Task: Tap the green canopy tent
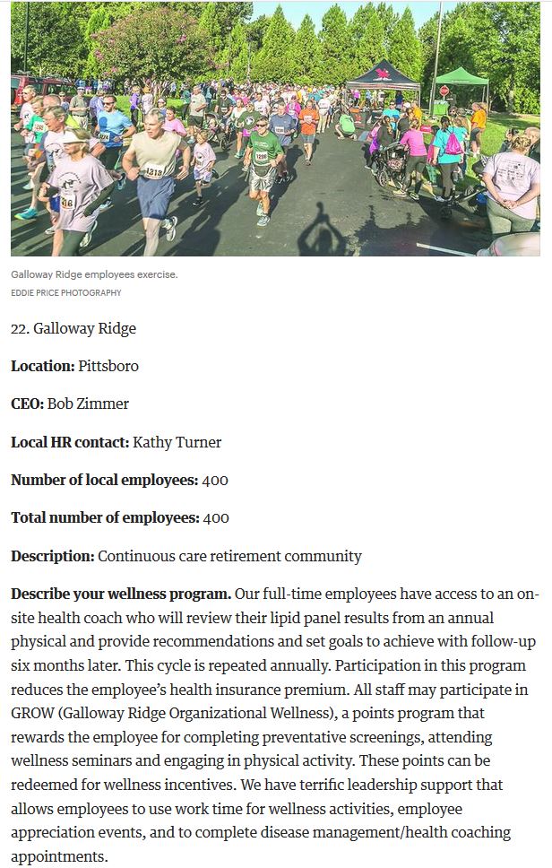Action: [x=461, y=78]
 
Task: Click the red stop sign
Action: [x=444, y=91]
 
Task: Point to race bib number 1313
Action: [x=154, y=171]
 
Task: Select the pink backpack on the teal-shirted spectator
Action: [x=454, y=143]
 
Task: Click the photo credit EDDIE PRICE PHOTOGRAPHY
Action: [x=66, y=293]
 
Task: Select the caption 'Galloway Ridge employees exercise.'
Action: [x=94, y=274]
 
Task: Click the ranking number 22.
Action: [x=19, y=328]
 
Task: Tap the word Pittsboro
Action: [x=108, y=366]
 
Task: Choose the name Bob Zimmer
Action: [x=88, y=404]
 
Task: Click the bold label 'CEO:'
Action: [x=27, y=404]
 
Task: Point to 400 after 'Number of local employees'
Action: [x=215, y=480]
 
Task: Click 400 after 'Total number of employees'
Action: [x=216, y=517]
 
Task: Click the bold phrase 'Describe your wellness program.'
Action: [x=121, y=595]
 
